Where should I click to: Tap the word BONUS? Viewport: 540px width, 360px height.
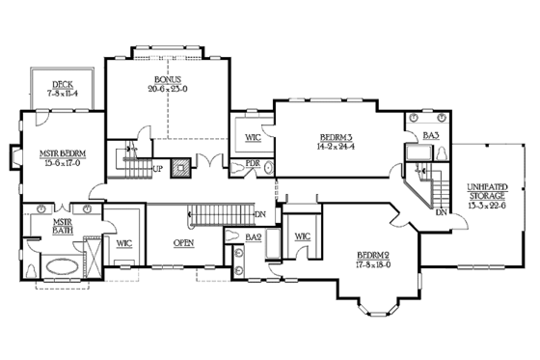point(167,78)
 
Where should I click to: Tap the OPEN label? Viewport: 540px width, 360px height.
point(184,242)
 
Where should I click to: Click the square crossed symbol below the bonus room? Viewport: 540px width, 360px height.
point(178,165)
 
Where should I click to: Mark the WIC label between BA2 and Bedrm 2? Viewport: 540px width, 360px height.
point(301,235)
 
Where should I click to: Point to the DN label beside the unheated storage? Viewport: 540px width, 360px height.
point(440,213)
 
